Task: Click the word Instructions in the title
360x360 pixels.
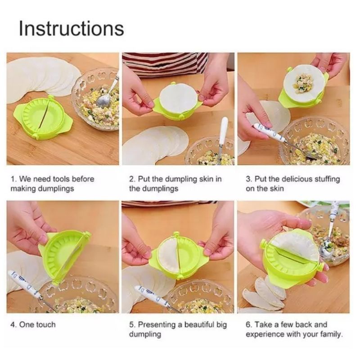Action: tap(72, 28)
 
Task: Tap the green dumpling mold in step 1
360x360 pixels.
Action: tap(44, 117)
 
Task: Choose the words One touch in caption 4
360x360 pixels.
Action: tap(37, 324)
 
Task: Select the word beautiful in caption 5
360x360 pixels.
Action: tap(199, 324)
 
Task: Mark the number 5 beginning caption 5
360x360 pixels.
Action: tap(131, 324)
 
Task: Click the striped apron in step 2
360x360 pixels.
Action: tap(165, 63)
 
